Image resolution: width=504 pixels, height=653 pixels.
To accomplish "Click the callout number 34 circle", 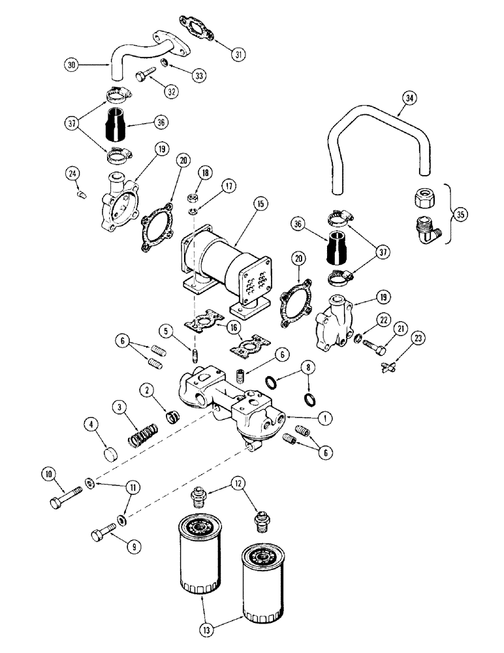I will pos(409,99).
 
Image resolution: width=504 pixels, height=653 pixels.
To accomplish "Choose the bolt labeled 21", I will pos(370,343).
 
